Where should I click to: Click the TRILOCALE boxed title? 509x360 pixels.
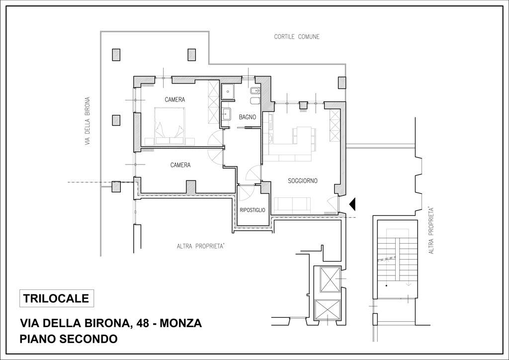click(57, 298)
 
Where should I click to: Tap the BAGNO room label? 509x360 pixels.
click(248, 117)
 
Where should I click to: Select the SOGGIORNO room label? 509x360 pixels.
click(303, 181)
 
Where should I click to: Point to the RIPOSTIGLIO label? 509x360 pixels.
click(252, 210)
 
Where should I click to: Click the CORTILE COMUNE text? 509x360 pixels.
click(297, 37)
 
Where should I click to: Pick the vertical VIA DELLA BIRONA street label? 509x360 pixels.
click(87, 121)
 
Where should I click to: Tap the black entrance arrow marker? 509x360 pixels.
click(353, 203)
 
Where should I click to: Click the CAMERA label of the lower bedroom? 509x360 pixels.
click(180, 165)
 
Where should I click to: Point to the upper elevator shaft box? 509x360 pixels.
click(330, 279)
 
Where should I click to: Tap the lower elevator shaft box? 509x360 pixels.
click(327, 311)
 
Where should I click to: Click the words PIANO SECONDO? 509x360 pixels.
click(69, 339)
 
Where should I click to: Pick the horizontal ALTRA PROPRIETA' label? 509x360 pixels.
click(201, 247)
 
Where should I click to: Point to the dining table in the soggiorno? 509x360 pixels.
click(304, 135)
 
